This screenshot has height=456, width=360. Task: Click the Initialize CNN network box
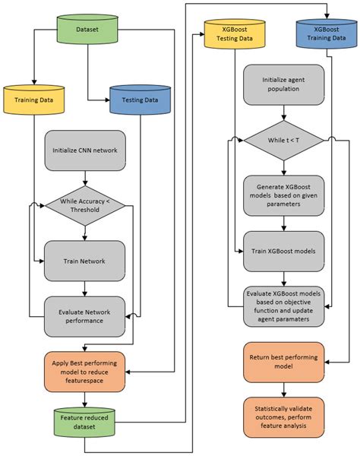coord(85,150)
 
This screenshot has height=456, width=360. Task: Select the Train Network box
coord(85,260)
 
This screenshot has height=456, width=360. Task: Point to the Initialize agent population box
coord(283,85)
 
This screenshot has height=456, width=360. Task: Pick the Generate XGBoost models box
coord(283,194)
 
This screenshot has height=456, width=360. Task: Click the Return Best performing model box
coord(283,362)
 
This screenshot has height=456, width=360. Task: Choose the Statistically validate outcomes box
coord(283,416)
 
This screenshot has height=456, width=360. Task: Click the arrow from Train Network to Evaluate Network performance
coord(85,288)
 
